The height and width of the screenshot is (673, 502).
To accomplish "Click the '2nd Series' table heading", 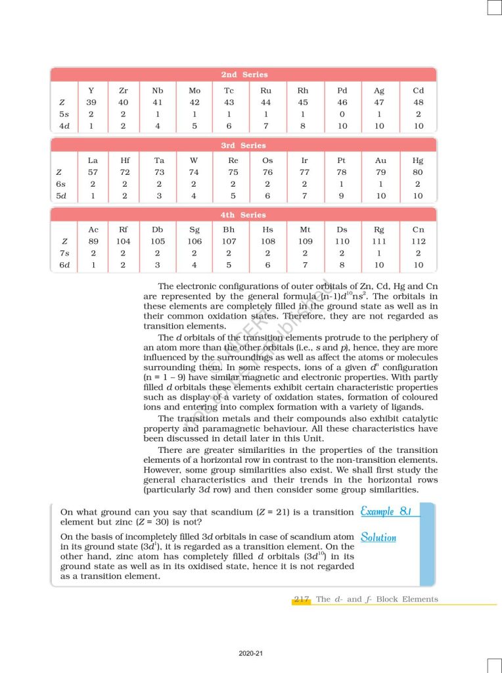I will (244, 75).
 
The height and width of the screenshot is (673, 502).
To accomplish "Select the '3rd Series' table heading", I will (244, 145).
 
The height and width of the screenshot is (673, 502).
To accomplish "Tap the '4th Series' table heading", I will (244, 215).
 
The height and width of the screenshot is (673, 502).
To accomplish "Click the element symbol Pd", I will (342, 90).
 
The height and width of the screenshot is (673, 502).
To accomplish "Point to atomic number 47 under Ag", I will (379, 103).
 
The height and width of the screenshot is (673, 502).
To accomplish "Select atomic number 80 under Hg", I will (418, 172).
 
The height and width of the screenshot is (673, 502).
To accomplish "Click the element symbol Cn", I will (418, 229).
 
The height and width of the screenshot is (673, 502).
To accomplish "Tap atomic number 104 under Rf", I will (125, 242).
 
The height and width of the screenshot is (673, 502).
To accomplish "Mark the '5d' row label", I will (62, 195).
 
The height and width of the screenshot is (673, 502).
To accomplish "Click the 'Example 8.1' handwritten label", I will (386, 511).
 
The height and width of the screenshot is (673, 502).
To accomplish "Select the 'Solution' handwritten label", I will (378, 537).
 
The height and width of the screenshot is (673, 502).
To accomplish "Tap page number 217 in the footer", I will (302, 599).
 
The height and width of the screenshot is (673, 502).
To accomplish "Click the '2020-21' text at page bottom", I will (251, 653).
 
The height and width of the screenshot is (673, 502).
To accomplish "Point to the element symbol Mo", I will (194, 90).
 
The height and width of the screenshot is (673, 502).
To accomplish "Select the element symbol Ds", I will (342, 229).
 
